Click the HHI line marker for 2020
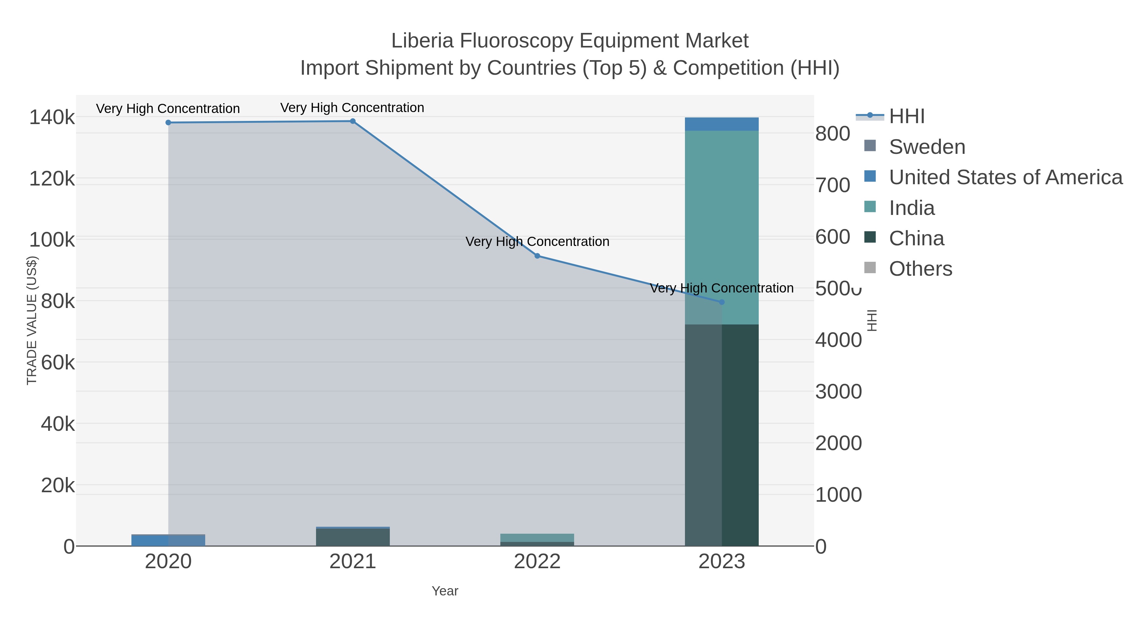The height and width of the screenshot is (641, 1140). click(x=168, y=123)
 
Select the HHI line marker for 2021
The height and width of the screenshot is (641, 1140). click(x=353, y=121)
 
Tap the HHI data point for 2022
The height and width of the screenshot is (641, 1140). click(x=537, y=256)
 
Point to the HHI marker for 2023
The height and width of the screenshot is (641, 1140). click(x=722, y=302)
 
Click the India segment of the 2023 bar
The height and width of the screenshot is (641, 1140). click(x=722, y=221)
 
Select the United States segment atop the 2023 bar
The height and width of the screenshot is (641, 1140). click(x=722, y=124)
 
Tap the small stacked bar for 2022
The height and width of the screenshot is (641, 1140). click(x=537, y=540)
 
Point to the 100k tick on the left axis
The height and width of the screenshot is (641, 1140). click(x=52, y=240)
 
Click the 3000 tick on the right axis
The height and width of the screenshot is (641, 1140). click(x=838, y=392)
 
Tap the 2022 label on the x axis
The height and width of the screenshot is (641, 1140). click(x=537, y=562)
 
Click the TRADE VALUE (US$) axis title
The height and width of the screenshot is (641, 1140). click(x=32, y=320)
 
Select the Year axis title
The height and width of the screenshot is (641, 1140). click(x=445, y=591)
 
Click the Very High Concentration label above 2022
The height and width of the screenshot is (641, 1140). click(x=537, y=242)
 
